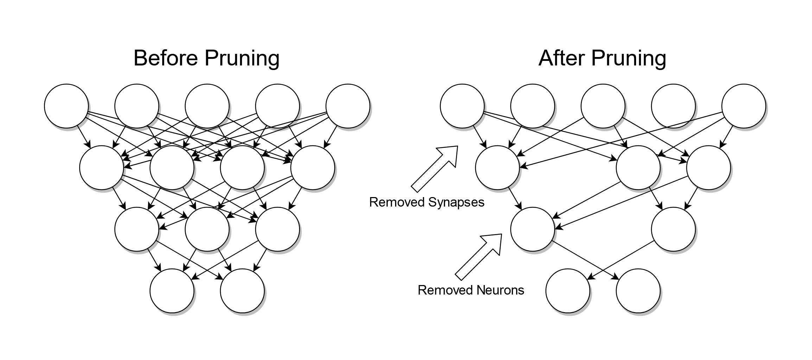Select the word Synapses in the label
456,203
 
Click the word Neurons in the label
500,290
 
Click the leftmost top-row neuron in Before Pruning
66,106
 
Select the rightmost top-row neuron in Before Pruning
348,106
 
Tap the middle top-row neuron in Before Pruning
207,106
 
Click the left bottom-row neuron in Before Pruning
172,291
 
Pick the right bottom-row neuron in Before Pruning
242,291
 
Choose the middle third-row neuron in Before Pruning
207,229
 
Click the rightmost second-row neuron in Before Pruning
312,168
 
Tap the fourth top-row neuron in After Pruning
673,106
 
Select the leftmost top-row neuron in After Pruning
462,106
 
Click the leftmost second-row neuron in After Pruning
497,168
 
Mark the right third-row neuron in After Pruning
673,229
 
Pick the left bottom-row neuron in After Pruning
567,291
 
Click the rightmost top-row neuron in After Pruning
743,106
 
